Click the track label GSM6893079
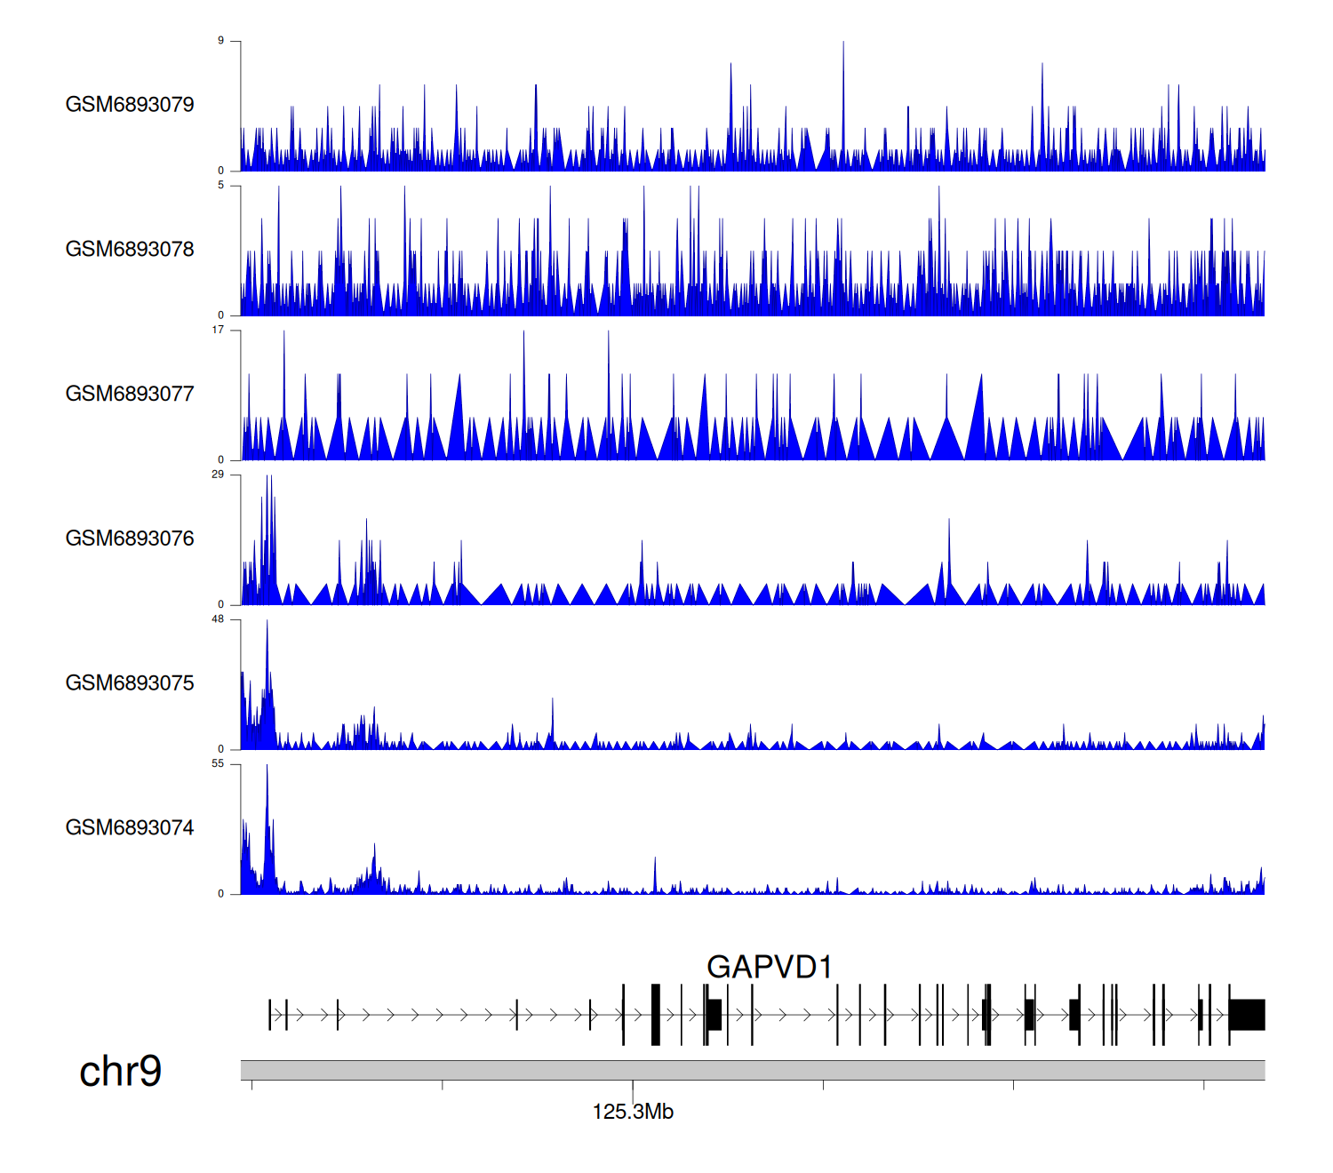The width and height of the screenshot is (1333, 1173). coord(130,105)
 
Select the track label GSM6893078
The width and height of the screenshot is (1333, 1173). coord(130,250)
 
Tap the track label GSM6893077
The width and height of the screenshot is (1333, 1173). coord(130,395)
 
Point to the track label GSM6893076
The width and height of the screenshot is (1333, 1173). coord(130,539)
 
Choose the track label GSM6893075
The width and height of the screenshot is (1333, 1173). coord(130,683)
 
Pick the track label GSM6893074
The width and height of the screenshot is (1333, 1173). coord(130,828)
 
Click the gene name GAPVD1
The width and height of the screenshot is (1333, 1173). coord(769,967)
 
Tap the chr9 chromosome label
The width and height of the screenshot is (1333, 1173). coord(121,1072)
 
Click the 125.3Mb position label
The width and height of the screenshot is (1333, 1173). coord(633,1112)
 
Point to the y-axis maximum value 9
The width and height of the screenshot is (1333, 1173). coord(221,41)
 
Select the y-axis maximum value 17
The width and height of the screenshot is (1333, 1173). coord(219,331)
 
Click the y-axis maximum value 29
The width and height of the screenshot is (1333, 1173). coord(219,475)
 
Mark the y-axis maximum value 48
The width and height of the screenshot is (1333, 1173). coord(219,619)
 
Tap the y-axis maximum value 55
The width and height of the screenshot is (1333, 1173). coord(219,764)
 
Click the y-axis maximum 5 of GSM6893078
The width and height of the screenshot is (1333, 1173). coord(221,186)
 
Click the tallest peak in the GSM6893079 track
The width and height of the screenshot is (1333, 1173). coord(843,44)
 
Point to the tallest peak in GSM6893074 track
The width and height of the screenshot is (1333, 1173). coord(267,769)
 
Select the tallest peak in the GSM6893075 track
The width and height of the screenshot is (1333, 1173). coord(267,624)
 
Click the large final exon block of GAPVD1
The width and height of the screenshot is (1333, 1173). coord(1247,1015)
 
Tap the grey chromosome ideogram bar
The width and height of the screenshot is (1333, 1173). coord(752,1070)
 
